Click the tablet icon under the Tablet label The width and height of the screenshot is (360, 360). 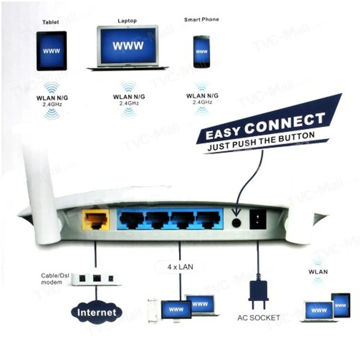pyautogui.click(x=51, y=50)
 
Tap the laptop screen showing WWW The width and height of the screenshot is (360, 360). pyautogui.click(x=128, y=47)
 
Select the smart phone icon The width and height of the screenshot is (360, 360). pyautogui.click(x=202, y=51)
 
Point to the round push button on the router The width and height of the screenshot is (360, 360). pyautogui.click(x=236, y=222)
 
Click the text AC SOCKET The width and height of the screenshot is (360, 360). pyautogui.click(x=258, y=318)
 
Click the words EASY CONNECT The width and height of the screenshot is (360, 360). pyautogui.click(x=265, y=126)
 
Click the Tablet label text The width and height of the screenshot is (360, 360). pyautogui.click(x=51, y=23)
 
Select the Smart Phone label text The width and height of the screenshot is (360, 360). pyautogui.click(x=202, y=20)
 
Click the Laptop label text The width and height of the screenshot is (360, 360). pyautogui.click(x=127, y=21)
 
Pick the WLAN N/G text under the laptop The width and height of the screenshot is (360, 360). pyautogui.click(x=129, y=97)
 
